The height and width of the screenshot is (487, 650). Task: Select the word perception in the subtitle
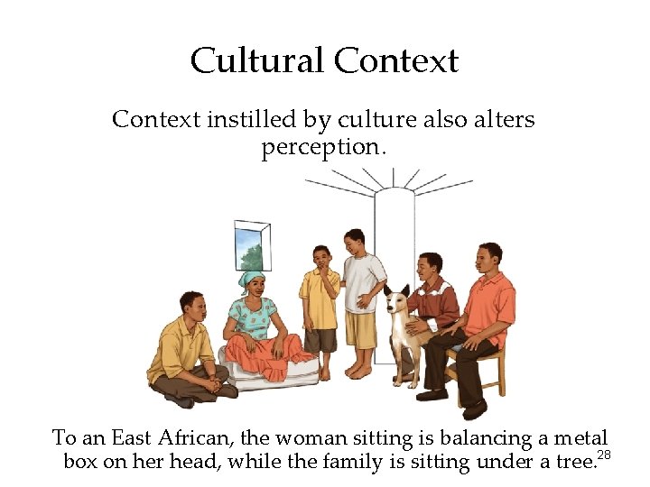click(x=323, y=147)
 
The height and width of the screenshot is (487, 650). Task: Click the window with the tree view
click(x=251, y=245)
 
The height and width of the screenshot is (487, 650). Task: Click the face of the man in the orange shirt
click(x=488, y=260)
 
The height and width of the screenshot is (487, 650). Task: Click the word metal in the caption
click(x=580, y=439)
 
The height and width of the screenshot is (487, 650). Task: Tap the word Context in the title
click(x=396, y=61)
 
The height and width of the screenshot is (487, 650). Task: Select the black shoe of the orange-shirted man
click(x=473, y=409)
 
